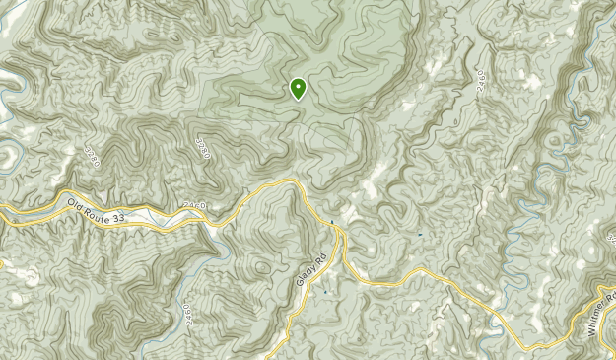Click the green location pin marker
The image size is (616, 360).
pos(298,89)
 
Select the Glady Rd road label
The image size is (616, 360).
pos(308,265)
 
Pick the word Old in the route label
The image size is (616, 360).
pos(77,206)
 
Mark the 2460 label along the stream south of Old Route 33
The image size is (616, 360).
pos(187,312)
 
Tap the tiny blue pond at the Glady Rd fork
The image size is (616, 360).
pos(332,221)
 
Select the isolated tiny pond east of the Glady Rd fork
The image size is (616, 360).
pos(419,234)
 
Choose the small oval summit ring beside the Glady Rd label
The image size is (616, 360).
pos(260,265)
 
